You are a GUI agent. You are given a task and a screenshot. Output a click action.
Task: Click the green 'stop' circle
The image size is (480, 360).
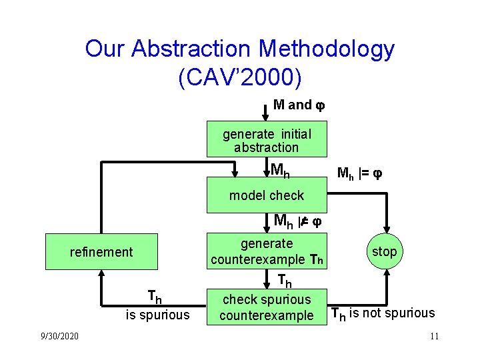[384, 251]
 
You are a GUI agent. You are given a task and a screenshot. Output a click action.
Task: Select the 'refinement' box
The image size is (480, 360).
[101, 252]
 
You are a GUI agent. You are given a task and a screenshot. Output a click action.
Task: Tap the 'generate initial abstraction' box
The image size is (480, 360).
[266, 141]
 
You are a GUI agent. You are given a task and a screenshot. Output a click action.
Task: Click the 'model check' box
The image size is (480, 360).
[266, 195]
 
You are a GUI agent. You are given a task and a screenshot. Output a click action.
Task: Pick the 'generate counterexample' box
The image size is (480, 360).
[266, 252]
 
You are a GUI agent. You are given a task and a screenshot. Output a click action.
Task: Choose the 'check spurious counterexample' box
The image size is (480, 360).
[266, 307]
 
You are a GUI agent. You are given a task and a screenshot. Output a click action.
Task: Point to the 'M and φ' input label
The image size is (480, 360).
[299, 105]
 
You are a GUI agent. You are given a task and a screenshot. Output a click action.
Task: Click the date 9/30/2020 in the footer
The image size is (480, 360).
[59, 335]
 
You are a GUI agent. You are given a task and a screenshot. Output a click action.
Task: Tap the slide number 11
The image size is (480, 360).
[433, 335]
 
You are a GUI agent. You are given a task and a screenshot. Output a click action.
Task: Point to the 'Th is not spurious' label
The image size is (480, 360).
[383, 313]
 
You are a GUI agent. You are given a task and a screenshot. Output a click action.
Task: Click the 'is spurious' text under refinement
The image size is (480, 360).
[158, 315]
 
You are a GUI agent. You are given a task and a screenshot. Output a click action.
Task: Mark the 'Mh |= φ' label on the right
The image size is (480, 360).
[359, 175]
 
